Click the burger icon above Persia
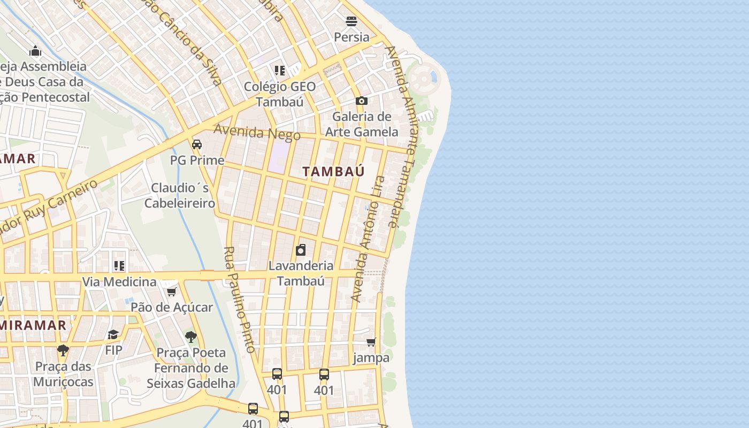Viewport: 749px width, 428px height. [351, 21]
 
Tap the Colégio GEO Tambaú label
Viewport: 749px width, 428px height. [279, 94]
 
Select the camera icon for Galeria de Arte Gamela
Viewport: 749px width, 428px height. [362, 101]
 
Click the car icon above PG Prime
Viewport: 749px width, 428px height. [197, 144]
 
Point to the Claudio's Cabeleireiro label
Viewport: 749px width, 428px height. [180, 195]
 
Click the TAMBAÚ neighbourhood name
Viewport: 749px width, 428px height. [333, 172]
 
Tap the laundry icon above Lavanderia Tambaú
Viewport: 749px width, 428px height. [301, 250]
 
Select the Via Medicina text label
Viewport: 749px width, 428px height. [119, 281]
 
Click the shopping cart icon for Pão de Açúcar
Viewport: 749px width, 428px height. [172, 292]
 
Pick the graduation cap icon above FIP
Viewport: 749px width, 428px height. [113, 335]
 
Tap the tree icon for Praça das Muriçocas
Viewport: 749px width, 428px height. [63, 351]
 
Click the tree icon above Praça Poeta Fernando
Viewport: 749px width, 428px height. [191, 337]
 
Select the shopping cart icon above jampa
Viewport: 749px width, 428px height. [371, 342]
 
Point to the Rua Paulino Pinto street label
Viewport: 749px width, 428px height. [239, 300]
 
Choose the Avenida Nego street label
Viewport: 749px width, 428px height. [257, 132]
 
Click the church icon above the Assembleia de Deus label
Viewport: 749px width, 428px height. [36, 51]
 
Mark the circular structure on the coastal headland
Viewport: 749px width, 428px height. [423, 78]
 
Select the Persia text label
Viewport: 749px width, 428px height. [351, 37]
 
